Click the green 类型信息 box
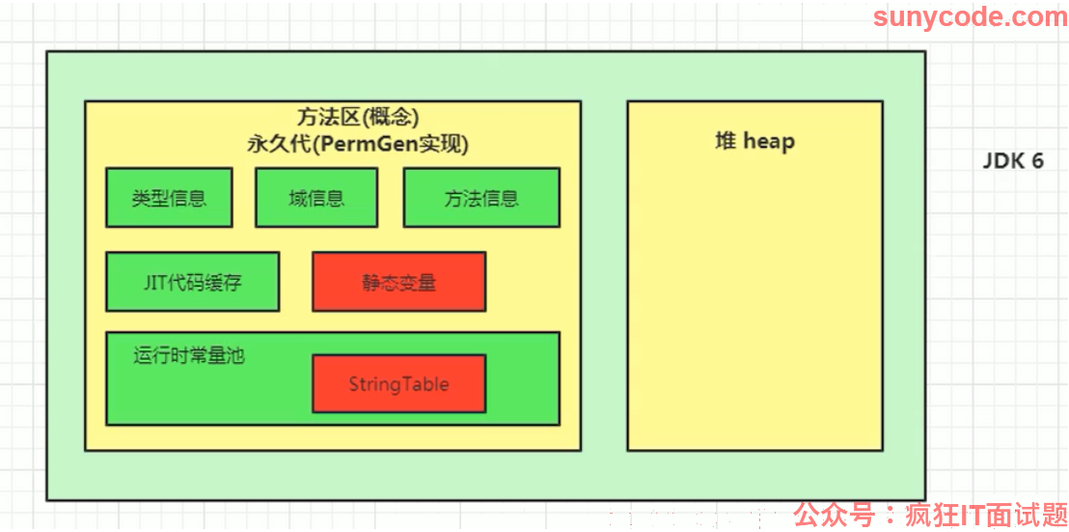[x=169, y=198]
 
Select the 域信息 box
[x=316, y=198]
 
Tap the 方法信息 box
[x=481, y=198]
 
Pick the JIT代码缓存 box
[x=192, y=282]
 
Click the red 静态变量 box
[x=398, y=282]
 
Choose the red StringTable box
[x=398, y=384]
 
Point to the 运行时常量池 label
[x=189, y=356]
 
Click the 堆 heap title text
[x=754, y=142]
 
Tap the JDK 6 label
[x=1012, y=161]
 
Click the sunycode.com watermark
[x=971, y=16]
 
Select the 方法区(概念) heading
[x=357, y=118]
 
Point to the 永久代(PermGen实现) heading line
[x=358, y=145]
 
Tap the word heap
[x=769, y=142]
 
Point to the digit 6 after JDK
[x=1036, y=161]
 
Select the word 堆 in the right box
[x=725, y=142]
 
